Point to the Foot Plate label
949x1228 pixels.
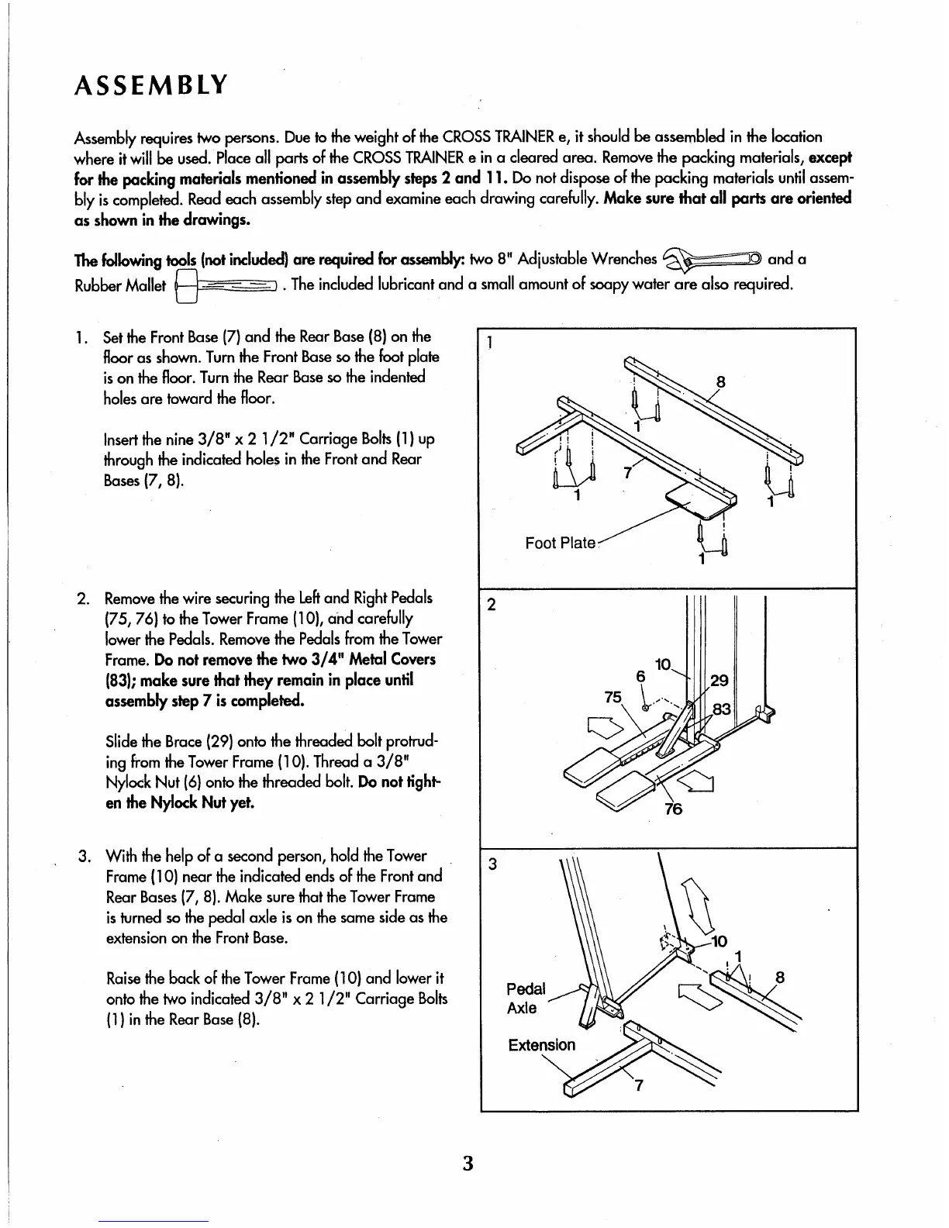[x=560, y=543]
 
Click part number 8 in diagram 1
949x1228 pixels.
[x=720, y=381]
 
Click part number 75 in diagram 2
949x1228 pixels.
[x=613, y=697]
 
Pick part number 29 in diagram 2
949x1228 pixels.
[x=720, y=681]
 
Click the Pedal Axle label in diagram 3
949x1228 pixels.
[x=526, y=999]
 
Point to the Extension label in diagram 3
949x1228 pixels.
[x=542, y=1044]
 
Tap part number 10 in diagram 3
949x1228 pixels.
[x=719, y=942]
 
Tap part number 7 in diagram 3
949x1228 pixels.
[x=638, y=1085]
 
